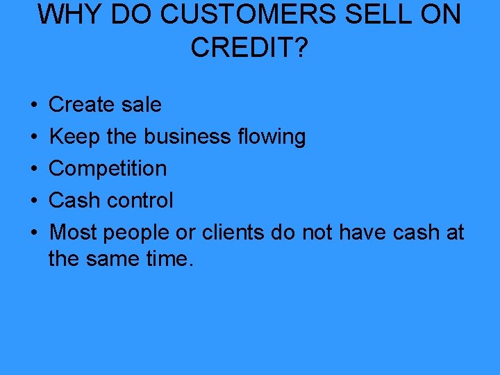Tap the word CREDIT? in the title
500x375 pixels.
pyautogui.click(x=248, y=47)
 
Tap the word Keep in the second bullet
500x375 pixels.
pyautogui.click(x=75, y=137)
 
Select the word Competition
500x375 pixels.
pyautogui.click(x=108, y=169)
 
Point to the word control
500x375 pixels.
pyautogui.click(x=142, y=201)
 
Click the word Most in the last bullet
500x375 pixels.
pyautogui.click(x=73, y=233)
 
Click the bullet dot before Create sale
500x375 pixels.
pyautogui.click(x=34, y=106)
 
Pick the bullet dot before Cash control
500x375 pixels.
pyautogui.click(x=34, y=201)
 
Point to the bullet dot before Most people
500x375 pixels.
pyautogui.click(x=34, y=233)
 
